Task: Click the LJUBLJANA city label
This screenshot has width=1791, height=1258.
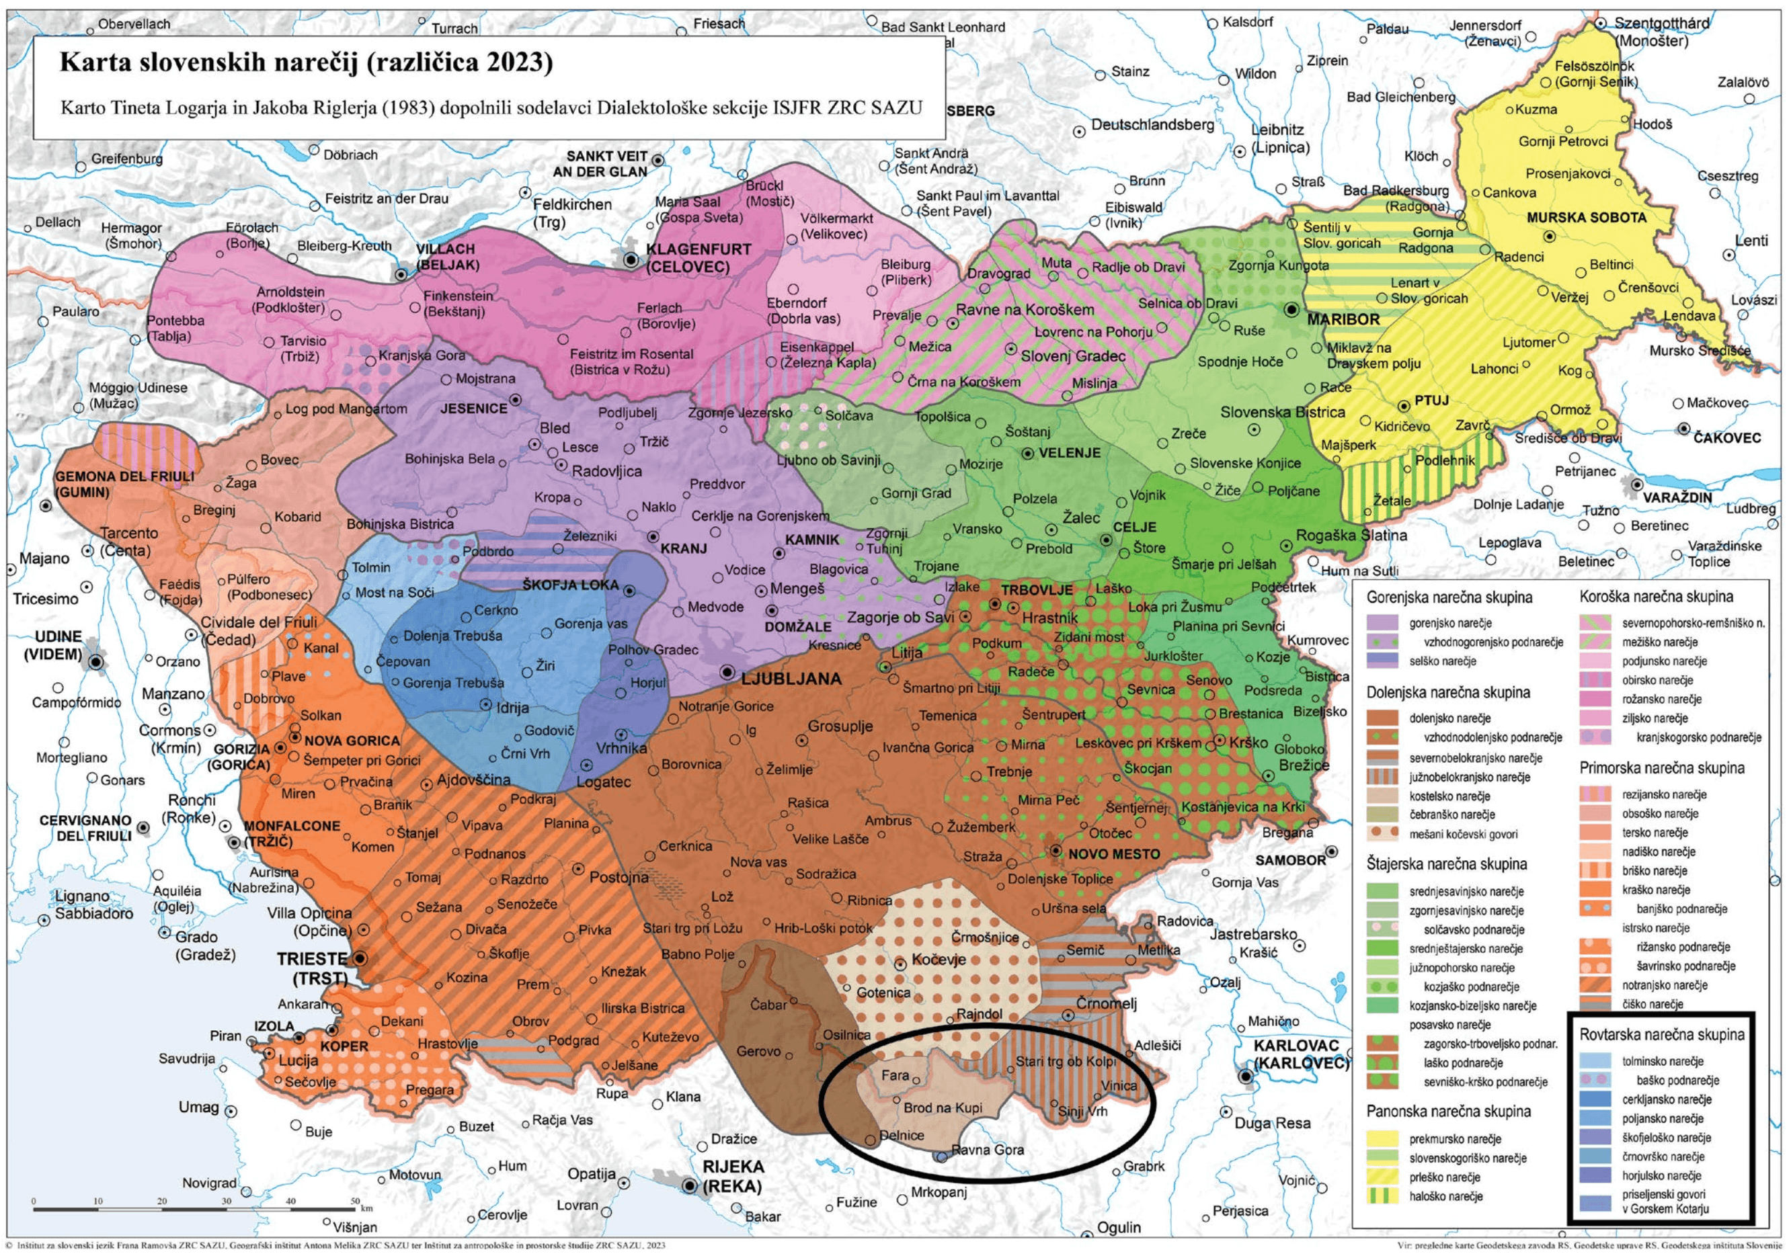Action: point(791,679)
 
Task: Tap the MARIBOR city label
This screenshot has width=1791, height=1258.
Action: point(1343,320)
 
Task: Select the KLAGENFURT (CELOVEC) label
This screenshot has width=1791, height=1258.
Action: point(698,258)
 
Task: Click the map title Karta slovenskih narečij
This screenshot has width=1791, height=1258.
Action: point(306,62)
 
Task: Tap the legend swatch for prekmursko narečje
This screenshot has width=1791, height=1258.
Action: point(1382,1140)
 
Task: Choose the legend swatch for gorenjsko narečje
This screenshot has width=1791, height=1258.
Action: point(1382,623)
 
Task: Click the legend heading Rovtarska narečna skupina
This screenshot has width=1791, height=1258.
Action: point(1661,1035)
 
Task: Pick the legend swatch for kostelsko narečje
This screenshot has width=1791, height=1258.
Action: point(1382,796)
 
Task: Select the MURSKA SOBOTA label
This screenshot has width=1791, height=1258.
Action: point(1586,218)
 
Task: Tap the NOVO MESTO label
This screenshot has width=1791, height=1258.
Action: point(1113,854)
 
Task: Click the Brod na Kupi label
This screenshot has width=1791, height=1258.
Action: point(943,1107)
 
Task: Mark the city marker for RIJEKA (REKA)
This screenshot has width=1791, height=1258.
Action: point(690,1186)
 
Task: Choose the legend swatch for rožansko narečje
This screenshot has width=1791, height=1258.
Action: point(1595,700)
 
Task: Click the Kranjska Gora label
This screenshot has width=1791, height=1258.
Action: point(422,355)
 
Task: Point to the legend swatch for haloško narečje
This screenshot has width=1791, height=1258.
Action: point(1382,1196)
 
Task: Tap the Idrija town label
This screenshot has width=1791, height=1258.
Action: point(512,708)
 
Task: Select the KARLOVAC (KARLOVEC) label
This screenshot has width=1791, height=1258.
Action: point(1300,1054)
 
